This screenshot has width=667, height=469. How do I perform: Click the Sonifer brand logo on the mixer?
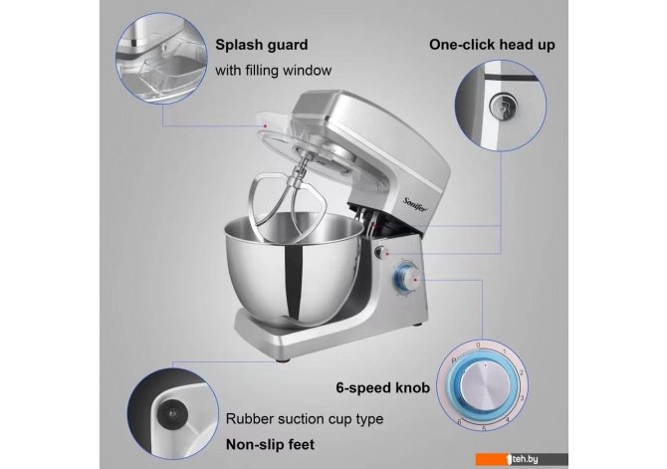click(x=415, y=206)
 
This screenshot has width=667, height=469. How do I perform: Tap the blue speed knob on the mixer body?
click(x=406, y=279)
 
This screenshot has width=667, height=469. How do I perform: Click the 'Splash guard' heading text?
click(x=262, y=45)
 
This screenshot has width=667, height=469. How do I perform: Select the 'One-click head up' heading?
click(x=492, y=44)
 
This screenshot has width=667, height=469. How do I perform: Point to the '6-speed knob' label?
click(x=383, y=387)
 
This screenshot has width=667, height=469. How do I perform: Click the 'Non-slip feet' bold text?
click(x=270, y=445)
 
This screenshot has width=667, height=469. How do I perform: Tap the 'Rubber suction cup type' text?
click(x=305, y=419)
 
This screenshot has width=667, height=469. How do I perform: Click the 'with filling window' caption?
click(x=273, y=71)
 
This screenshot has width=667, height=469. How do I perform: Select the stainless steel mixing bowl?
click(x=294, y=268)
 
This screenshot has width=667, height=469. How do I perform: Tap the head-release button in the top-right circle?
click(x=503, y=106)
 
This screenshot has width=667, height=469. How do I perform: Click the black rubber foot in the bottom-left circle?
click(x=172, y=413)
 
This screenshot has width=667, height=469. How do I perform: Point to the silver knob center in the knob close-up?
click(x=484, y=384)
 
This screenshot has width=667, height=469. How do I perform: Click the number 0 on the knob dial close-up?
click(x=478, y=346)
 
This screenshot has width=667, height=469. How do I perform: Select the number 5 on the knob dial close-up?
click(x=484, y=428)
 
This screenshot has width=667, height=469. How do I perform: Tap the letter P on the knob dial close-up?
click(x=453, y=360)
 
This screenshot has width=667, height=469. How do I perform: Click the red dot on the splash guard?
click(x=265, y=126)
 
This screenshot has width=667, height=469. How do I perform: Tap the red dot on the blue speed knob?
click(x=415, y=280)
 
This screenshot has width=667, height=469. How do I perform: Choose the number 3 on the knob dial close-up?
click(x=522, y=398)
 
